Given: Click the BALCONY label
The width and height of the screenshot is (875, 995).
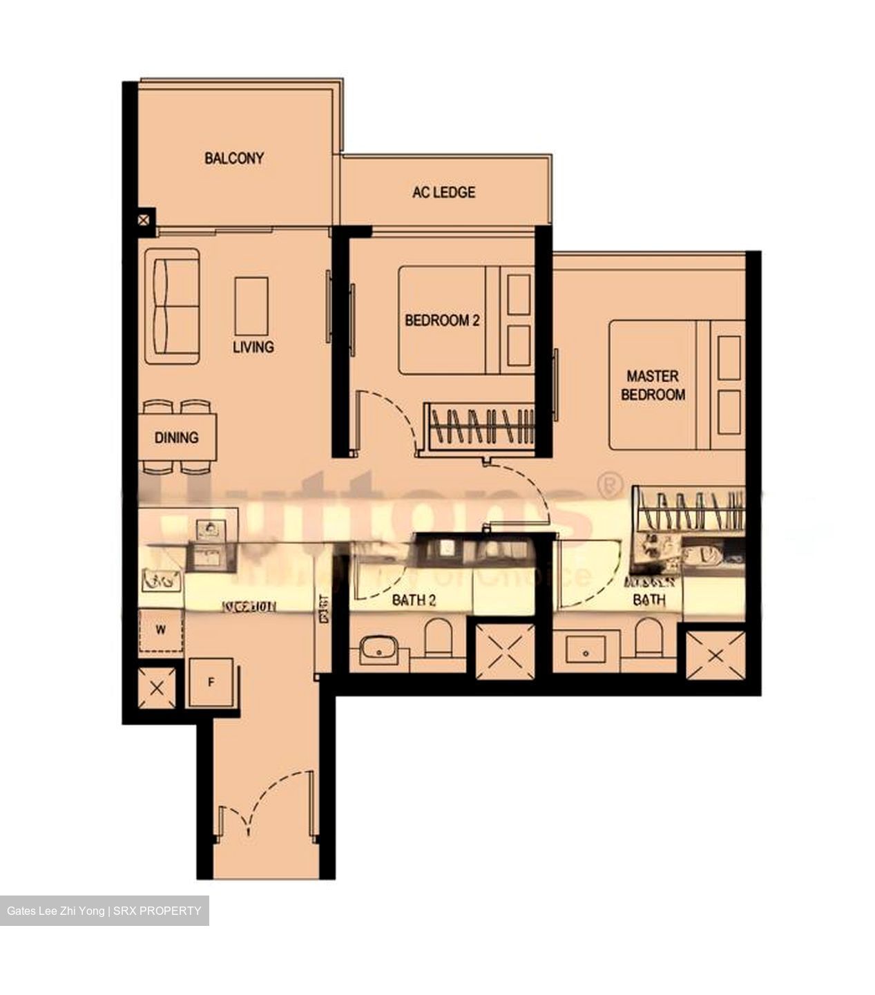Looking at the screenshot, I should pos(233,158).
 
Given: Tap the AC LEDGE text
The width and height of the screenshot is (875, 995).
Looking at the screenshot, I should pos(443,192).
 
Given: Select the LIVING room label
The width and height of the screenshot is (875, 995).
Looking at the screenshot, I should pos(253,347).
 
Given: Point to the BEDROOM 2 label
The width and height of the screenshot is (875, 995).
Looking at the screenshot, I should pos(442,321).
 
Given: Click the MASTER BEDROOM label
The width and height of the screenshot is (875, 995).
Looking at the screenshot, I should pos(653,386).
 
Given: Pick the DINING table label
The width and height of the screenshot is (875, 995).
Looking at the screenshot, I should pos(176,437).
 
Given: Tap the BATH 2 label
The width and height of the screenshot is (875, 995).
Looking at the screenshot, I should pos(414,600).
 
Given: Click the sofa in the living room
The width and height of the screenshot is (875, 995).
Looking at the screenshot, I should pos(172,306).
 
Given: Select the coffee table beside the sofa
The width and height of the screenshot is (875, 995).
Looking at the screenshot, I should pos(251,306).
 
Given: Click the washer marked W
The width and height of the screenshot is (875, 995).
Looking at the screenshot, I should pos(161,631).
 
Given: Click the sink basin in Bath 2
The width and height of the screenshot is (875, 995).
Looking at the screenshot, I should pos(377,652).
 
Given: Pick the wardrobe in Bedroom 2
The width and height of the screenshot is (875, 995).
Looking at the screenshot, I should pos(481,425).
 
